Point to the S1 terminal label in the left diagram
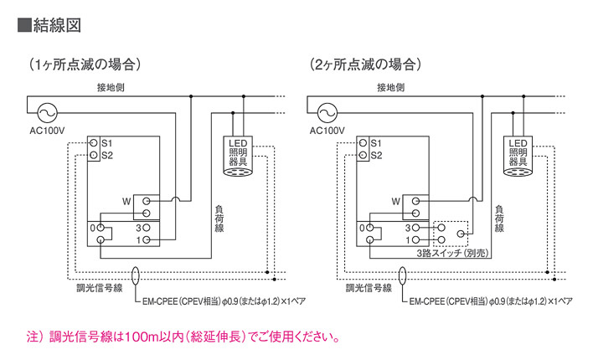(106, 143)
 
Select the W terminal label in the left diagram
(126, 201)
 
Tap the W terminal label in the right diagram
(395, 201)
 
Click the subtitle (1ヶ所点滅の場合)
(83, 64)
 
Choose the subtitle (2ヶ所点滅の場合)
(364, 64)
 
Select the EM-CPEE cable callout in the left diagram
(218, 300)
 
